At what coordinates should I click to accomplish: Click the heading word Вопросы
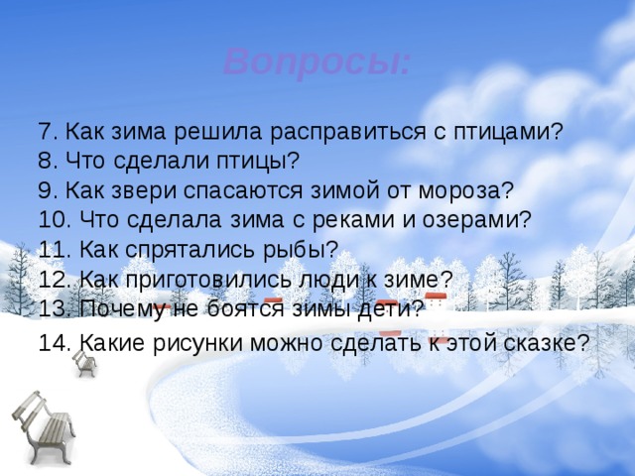[316, 62]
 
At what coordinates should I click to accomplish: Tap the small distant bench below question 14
[85, 362]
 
